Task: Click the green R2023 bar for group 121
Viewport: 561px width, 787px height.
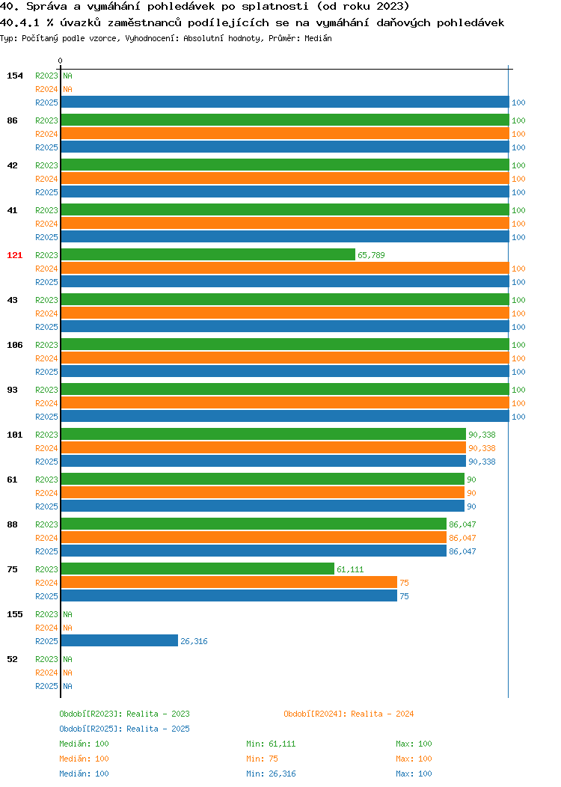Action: [x=208, y=255]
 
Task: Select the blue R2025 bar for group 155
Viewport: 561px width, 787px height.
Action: [x=120, y=641]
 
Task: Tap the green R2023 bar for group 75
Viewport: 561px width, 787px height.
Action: [x=197, y=569]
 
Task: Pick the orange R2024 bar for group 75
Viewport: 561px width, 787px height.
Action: [x=229, y=583]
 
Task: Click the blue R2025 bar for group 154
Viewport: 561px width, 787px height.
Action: [x=285, y=102]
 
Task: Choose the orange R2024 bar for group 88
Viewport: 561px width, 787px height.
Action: [x=254, y=538]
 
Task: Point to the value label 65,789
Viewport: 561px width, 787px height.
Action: [x=371, y=255]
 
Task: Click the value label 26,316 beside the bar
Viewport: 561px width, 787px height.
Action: [x=194, y=641]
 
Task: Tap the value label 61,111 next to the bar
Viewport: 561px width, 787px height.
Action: [x=350, y=569]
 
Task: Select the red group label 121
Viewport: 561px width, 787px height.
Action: [x=14, y=255]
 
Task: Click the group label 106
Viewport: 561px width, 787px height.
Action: [x=14, y=345]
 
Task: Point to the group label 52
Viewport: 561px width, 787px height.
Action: [x=12, y=659]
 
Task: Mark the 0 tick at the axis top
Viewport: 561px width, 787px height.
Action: [x=61, y=61]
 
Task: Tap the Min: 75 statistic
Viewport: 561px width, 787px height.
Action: [x=262, y=759]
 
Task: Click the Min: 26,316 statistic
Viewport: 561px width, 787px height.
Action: [x=271, y=774]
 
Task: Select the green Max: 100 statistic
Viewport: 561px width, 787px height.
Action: [x=414, y=744]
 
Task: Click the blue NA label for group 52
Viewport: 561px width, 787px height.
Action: [x=68, y=686]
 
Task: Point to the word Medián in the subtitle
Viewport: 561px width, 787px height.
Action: [x=318, y=38]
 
